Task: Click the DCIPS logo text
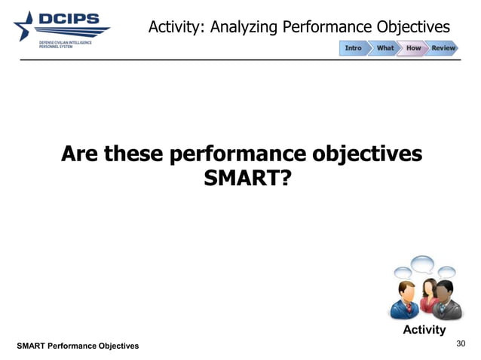click(75, 20)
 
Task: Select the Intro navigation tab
click(354, 48)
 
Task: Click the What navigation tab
click(385, 48)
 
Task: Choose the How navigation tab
click(413, 48)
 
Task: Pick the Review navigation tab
click(443, 48)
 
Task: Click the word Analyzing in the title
click(244, 28)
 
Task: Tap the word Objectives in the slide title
click(410, 28)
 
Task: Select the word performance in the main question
click(240, 154)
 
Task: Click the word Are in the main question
click(81, 154)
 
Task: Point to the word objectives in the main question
click(365, 154)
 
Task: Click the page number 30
click(462, 343)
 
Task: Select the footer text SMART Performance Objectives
click(78, 345)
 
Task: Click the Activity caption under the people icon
click(424, 330)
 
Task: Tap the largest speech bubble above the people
click(422, 264)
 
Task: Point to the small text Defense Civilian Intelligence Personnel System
click(66, 46)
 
